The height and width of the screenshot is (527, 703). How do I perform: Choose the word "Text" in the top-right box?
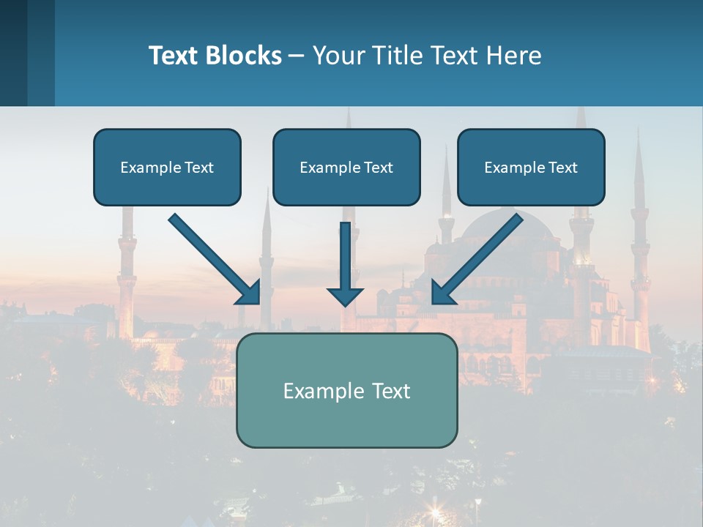(563, 168)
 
